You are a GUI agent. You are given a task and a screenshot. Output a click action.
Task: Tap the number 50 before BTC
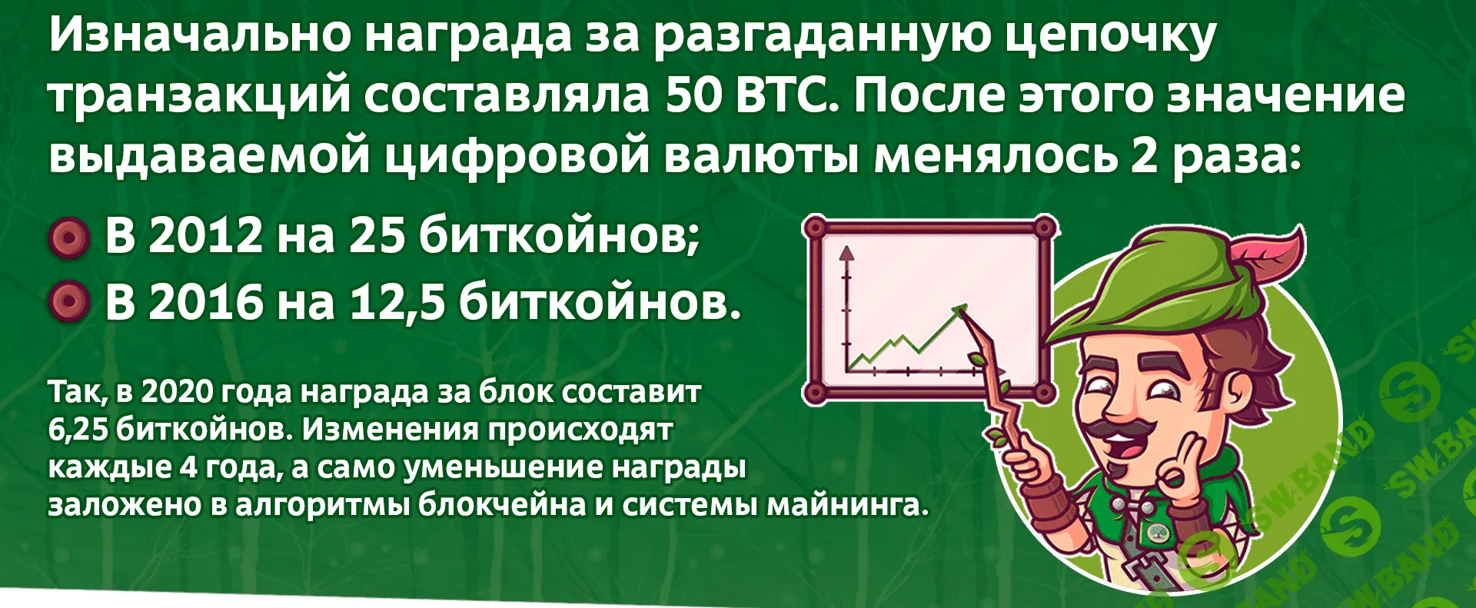[689, 95]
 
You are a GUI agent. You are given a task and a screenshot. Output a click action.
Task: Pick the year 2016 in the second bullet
[205, 301]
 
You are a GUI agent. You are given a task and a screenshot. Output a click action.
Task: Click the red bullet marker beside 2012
[69, 238]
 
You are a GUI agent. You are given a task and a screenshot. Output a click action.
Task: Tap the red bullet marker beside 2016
[69, 301]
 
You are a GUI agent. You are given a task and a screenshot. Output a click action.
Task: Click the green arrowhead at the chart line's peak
[959, 311]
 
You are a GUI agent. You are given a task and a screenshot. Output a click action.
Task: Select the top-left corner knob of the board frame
[815, 228]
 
